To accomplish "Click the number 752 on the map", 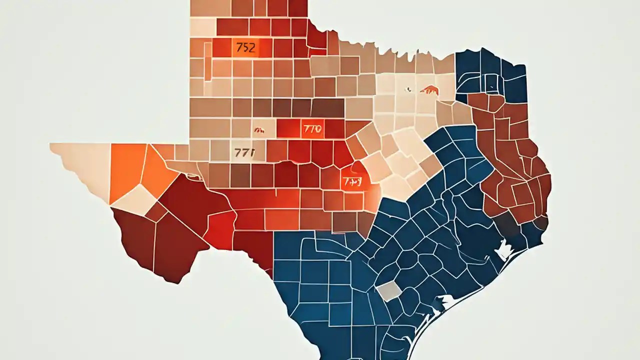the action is point(244,48).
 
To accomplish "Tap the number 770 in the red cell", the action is point(312,129).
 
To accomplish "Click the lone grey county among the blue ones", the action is point(388,290).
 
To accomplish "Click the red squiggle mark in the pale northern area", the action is point(429,90).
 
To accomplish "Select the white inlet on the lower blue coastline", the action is point(445,301).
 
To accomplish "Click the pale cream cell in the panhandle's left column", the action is point(202,26).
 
